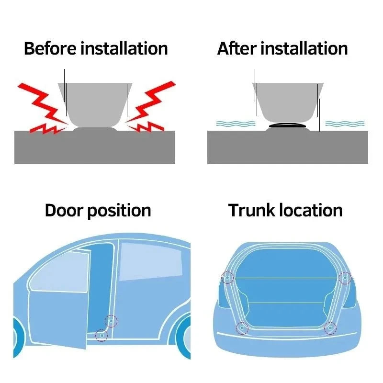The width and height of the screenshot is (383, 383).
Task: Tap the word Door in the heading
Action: point(64,210)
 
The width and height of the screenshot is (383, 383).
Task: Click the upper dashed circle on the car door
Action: point(111,321)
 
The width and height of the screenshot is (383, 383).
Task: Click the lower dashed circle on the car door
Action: point(101,335)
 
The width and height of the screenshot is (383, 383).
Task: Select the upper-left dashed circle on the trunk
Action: point(227,277)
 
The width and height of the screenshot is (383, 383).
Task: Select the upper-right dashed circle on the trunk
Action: point(345,277)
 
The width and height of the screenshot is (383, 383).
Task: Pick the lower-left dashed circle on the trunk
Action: point(242,328)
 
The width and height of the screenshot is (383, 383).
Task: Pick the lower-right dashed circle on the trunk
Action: point(330,328)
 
